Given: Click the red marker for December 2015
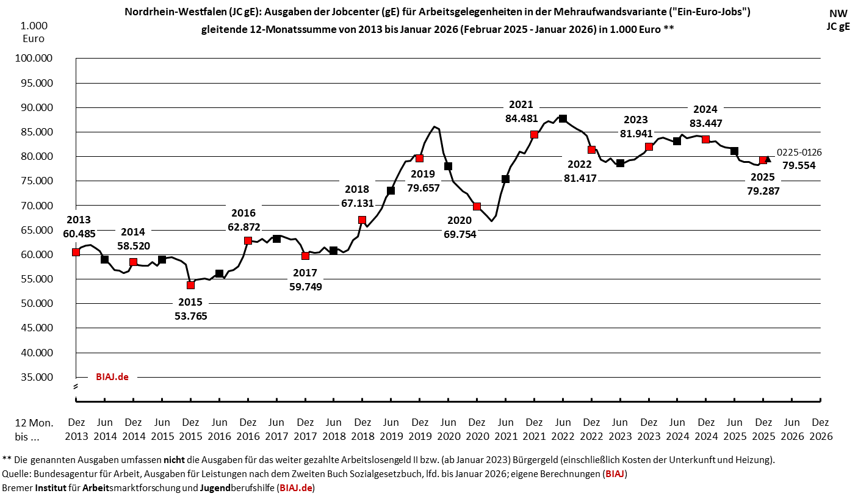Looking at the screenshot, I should pos(190,285).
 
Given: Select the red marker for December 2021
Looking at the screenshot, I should pos(534,134).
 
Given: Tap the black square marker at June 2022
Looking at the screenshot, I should pos(563,118).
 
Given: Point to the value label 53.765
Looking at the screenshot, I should pos(190,316).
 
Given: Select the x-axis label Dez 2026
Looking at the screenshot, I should pos(820,429).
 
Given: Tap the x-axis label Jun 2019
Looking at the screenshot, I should pos(391,429).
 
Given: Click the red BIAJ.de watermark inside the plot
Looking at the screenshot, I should pos(112,377).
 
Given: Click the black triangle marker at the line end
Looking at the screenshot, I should pos(768,159).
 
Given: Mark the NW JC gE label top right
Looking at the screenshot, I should pos(838,20).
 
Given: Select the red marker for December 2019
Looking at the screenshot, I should pos(419,158).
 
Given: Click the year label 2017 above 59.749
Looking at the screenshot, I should pos(306,273).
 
